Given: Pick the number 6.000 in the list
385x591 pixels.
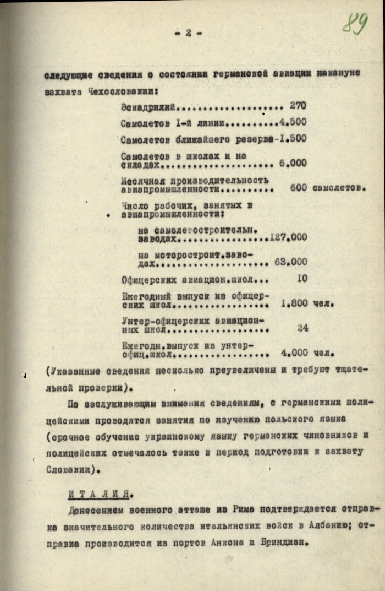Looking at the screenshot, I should click(x=293, y=164).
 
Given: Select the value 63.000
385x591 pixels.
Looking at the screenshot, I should click(x=291, y=262).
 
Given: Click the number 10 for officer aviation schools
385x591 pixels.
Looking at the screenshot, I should click(x=302, y=279).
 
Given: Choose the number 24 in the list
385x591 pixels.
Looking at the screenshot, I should click(x=302, y=328).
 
